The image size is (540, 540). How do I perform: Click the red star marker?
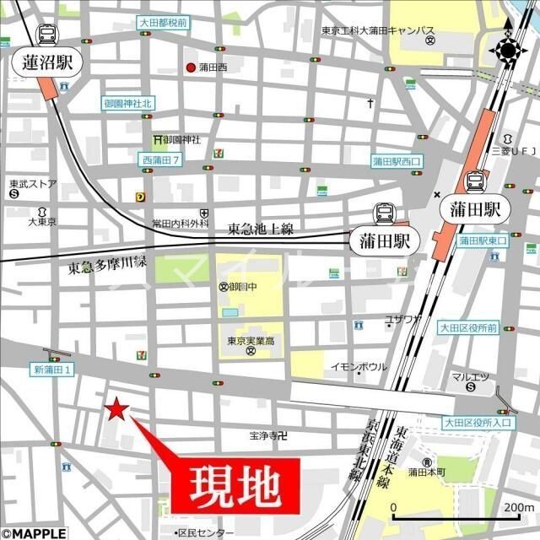click(x=116, y=409)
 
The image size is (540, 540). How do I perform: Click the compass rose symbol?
click(x=508, y=50)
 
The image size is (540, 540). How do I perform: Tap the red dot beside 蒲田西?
click(x=191, y=68)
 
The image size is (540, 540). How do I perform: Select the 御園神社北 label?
click(x=128, y=104)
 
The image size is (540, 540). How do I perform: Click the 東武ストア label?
click(x=33, y=183)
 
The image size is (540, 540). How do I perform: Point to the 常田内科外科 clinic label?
click(x=180, y=224)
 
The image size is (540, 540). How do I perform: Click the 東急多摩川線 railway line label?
click(x=107, y=266)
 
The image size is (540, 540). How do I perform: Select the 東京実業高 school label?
click(x=251, y=341)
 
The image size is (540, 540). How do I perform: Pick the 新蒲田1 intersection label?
click(x=54, y=369)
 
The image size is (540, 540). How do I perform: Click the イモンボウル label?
click(x=358, y=366)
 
